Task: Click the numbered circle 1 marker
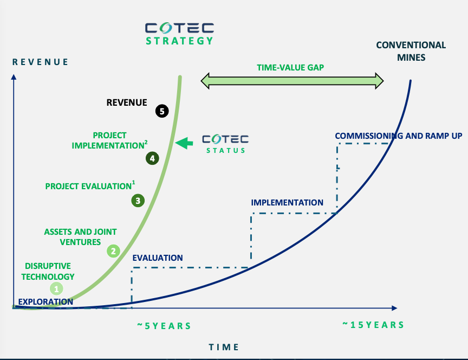(x=56, y=288)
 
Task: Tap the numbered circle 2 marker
(x=113, y=251)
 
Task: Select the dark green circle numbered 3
(x=138, y=201)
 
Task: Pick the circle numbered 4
(x=152, y=158)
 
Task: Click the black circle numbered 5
(x=162, y=111)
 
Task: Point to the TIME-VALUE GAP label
(x=290, y=68)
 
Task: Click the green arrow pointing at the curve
(x=184, y=143)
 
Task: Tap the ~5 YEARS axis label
(x=164, y=326)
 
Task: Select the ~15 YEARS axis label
(x=373, y=325)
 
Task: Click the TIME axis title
(x=224, y=347)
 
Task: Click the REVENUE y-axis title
(x=40, y=62)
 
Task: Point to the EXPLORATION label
(x=45, y=302)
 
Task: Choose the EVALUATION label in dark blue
(x=158, y=258)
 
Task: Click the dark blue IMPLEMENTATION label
(x=287, y=203)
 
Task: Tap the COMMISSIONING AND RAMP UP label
(x=399, y=136)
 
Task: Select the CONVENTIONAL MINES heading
(x=411, y=51)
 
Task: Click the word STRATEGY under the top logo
(x=179, y=41)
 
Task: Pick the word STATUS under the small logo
(x=226, y=150)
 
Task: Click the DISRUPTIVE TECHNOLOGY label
(x=48, y=271)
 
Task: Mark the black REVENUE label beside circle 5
(x=127, y=102)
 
